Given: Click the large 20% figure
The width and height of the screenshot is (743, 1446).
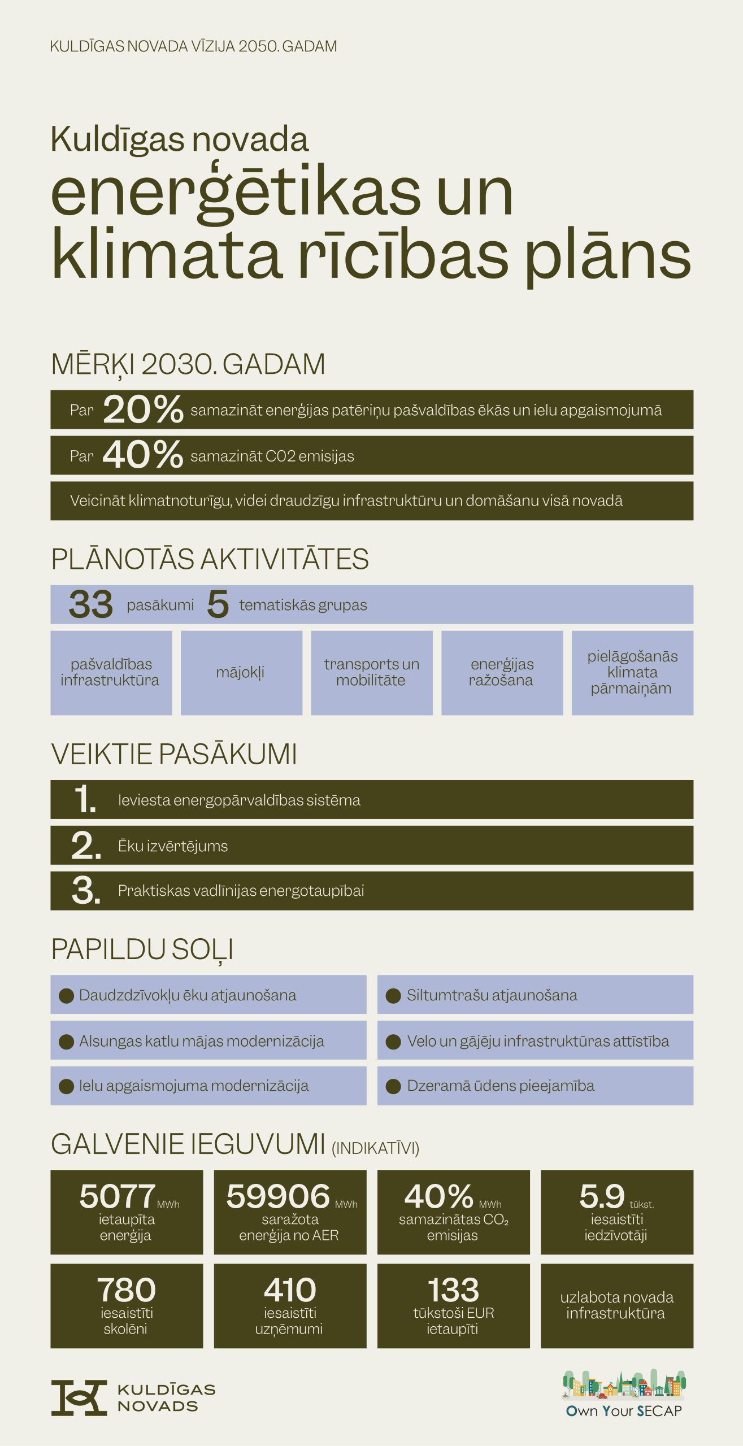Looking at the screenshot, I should [x=143, y=410].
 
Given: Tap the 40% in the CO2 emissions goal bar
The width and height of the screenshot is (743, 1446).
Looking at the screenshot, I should [x=142, y=455].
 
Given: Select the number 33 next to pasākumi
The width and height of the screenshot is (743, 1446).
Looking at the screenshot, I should [x=90, y=604].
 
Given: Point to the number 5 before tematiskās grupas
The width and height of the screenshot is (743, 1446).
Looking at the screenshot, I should [x=218, y=604].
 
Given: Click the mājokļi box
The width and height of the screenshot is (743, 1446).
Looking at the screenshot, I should [x=241, y=673].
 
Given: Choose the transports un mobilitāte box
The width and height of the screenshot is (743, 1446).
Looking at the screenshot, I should [x=372, y=673].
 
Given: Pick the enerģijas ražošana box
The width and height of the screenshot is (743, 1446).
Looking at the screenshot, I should [x=502, y=673].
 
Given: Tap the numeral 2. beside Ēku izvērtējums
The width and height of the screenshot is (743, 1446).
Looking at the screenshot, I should [x=86, y=846].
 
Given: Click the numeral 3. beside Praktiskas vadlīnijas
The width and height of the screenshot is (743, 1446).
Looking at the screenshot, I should [x=86, y=891].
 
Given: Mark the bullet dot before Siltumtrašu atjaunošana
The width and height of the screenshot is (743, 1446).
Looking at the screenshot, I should [x=393, y=995].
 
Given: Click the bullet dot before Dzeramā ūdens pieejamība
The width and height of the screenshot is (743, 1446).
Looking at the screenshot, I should [x=393, y=1086].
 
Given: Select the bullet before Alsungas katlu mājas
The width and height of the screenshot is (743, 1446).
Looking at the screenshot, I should [x=67, y=1041].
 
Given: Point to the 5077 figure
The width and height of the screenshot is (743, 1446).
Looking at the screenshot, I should [x=118, y=1196].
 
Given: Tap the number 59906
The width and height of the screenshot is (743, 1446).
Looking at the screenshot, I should [x=278, y=1196].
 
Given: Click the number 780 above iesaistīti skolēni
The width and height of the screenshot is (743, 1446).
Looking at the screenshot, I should [x=127, y=1290].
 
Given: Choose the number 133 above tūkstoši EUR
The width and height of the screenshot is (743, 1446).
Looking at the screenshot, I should [x=453, y=1290].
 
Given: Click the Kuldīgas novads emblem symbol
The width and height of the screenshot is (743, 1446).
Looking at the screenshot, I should [x=79, y=1398].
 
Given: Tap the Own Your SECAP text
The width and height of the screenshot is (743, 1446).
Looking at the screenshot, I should [x=624, y=1411].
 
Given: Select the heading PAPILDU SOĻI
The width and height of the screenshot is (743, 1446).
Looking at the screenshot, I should [x=142, y=950].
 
